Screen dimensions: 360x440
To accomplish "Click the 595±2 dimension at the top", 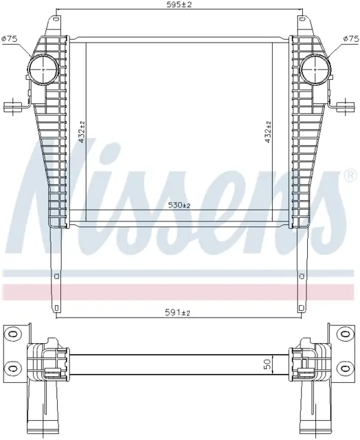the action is tap(179, 5).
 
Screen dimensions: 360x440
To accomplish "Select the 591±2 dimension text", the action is tap(177, 312).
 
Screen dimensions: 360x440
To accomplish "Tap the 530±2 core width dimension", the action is tap(179, 206).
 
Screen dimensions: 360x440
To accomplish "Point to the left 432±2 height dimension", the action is tap(82, 132).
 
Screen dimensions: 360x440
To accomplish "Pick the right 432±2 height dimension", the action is tap(269, 132).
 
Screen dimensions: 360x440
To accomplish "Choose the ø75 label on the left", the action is tap(10, 38).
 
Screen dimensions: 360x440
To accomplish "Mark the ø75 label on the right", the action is tap(351, 38).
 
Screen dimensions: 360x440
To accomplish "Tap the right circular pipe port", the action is tap(316, 68).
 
